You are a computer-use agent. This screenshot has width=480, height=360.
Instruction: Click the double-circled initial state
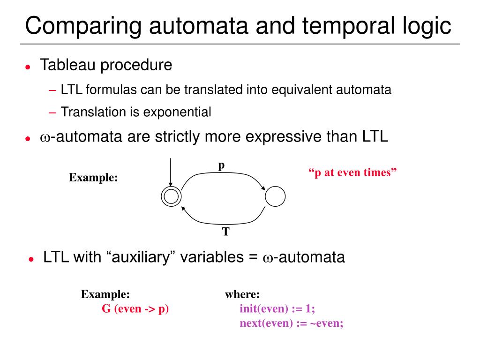click(172, 196)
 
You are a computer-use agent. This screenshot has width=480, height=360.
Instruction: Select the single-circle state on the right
click(275, 196)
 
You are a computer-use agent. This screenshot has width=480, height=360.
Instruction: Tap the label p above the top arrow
click(222, 165)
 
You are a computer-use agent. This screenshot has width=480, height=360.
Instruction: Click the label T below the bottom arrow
click(225, 232)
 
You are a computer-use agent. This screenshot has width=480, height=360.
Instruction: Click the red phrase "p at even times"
click(352, 172)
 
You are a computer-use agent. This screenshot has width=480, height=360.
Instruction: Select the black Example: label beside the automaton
click(93, 178)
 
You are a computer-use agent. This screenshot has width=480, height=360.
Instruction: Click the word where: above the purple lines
click(242, 295)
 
